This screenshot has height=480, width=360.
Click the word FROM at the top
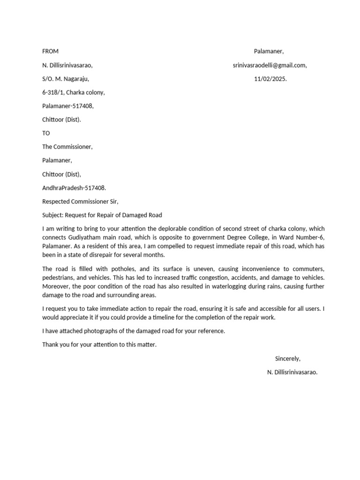[x=50, y=52]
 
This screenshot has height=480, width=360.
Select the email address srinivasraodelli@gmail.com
[x=270, y=66]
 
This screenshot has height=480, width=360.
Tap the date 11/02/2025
[x=270, y=79]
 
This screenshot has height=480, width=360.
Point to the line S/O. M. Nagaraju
[x=65, y=79]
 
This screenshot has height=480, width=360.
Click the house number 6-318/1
[x=53, y=93]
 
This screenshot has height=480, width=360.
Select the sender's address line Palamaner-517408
[x=68, y=106]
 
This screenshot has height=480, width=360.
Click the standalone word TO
[x=46, y=134]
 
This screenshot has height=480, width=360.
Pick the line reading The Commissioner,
[x=67, y=147]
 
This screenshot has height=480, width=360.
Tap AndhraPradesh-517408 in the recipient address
[x=74, y=188]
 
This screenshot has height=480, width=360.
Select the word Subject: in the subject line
[x=53, y=215]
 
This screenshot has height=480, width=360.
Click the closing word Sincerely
[x=287, y=359]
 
